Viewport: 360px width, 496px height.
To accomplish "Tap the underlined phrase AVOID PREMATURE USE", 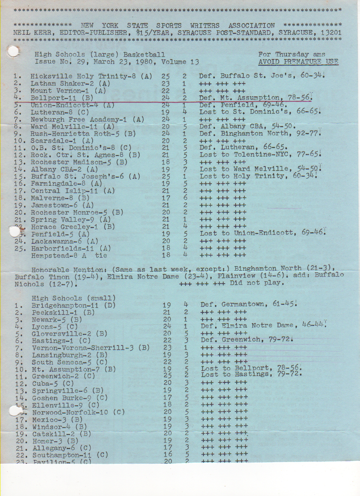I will [x=298, y=62].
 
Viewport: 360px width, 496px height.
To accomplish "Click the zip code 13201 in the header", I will [x=329, y=33].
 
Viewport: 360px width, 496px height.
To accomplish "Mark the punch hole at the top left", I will [x=14, y=51].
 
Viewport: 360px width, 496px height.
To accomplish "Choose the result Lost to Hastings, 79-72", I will [x=251, y=374].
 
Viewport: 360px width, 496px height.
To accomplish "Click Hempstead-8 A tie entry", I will [x=69, y=255].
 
